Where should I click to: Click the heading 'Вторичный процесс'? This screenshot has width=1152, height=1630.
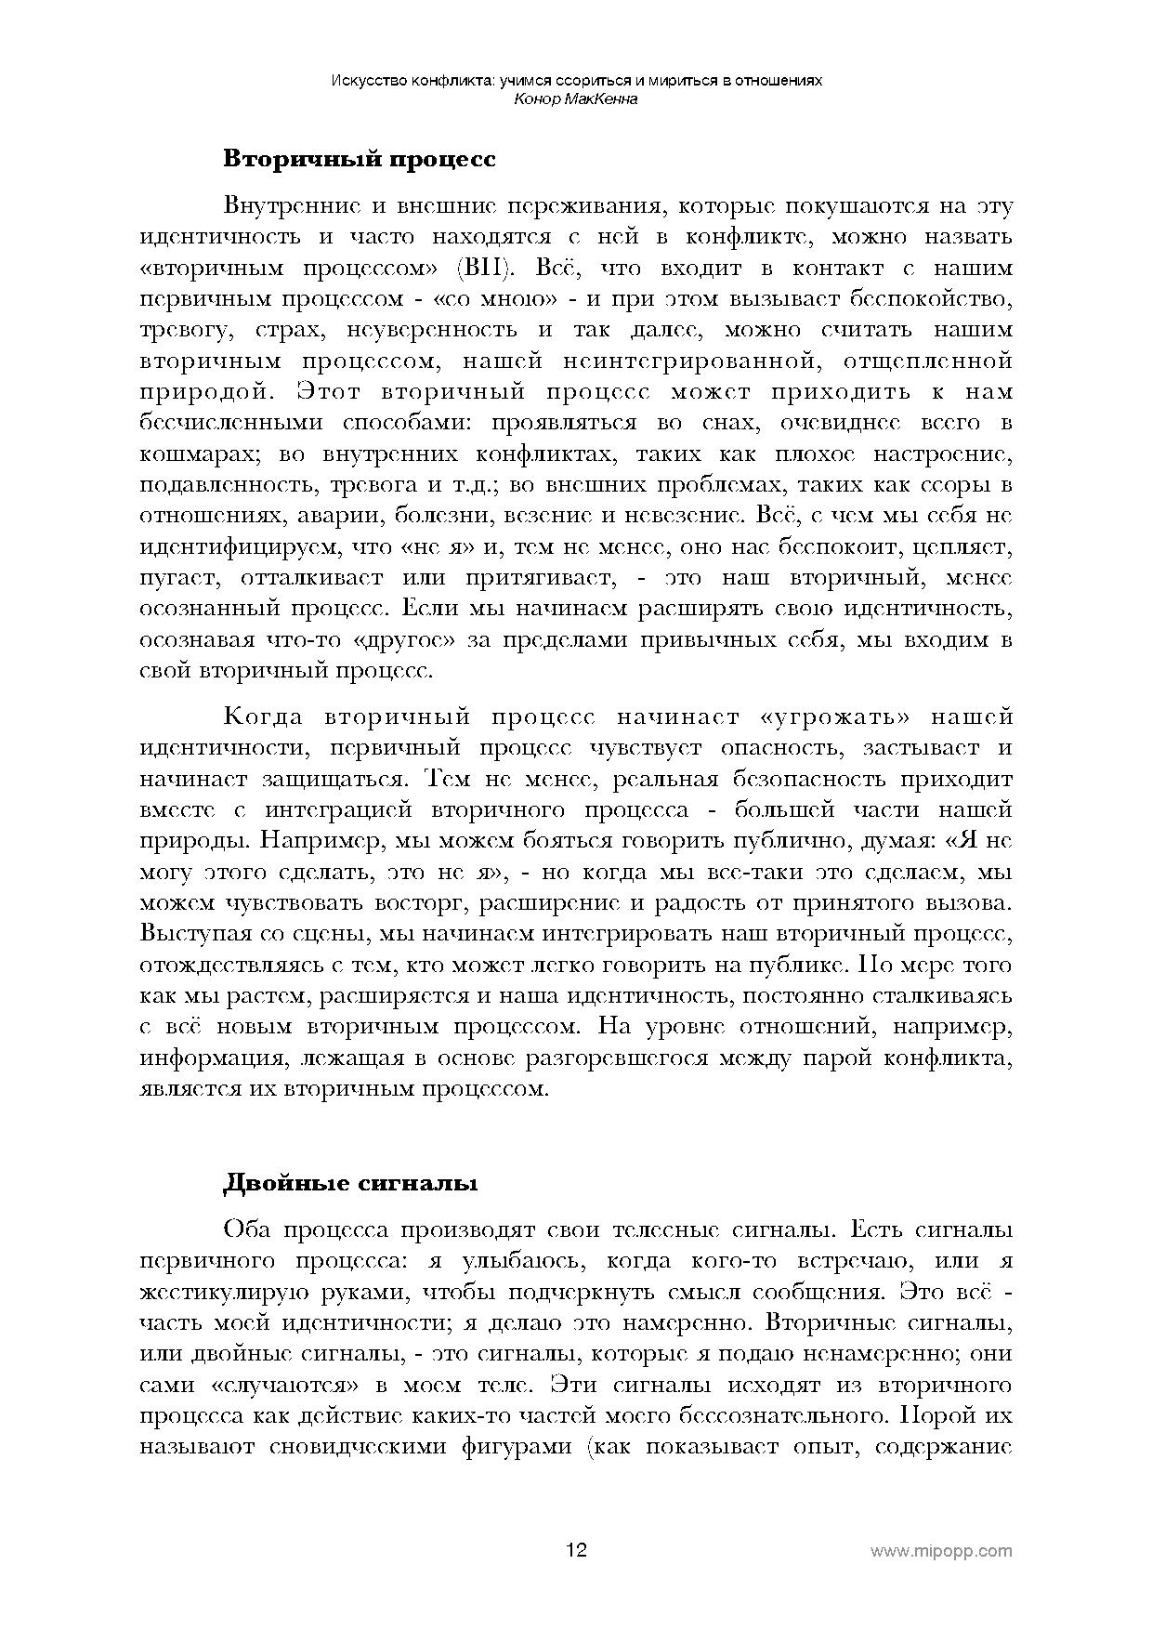[x=359, y=159]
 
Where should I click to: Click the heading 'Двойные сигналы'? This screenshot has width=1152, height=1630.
[x=349, y=1184]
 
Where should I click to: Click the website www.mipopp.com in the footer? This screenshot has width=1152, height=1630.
[x=940, y=1551]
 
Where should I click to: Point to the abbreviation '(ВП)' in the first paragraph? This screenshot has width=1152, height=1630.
[x=486, y=269]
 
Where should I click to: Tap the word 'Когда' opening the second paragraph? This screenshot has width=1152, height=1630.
[x=264, y=717]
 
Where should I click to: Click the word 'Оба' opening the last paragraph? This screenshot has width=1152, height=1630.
[x=246, y=1230]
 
